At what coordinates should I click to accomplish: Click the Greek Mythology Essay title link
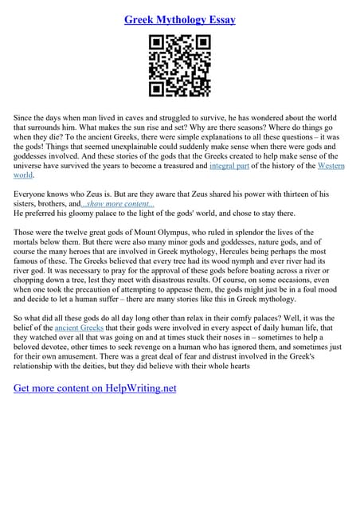180,19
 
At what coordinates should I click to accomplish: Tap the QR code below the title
180,67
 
